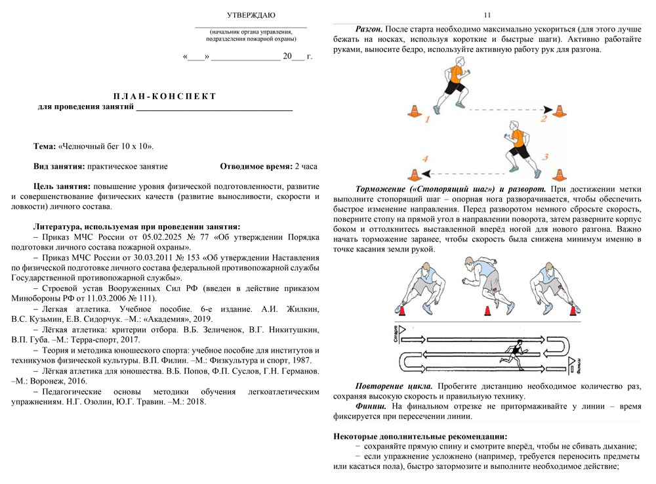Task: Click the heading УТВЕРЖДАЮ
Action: [251, 15]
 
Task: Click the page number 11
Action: [486, 15]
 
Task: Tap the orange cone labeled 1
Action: [414, 112]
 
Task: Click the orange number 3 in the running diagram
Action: [546, 157]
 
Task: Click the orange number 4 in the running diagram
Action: [425, 159]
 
